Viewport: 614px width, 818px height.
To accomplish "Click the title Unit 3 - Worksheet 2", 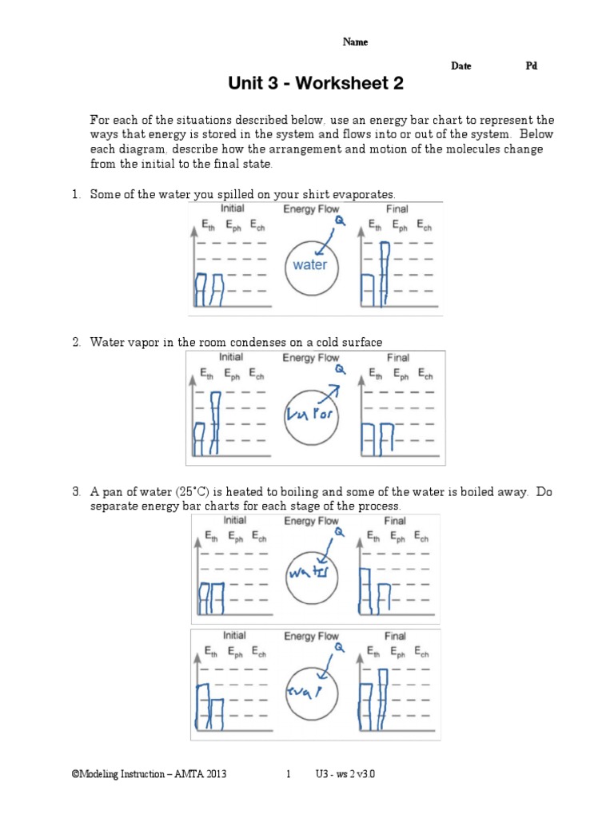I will pos(316,83).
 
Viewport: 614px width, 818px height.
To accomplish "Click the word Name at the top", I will pos(355,42).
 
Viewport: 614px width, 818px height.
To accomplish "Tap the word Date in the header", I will pos(460,66).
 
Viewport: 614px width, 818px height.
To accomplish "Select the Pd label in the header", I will pos(531,66).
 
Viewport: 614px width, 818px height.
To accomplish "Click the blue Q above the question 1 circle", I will pos(341,220).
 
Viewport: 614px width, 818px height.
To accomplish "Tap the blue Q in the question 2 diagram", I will pos(341,369).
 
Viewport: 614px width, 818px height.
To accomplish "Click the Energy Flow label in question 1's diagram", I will pos(311,209).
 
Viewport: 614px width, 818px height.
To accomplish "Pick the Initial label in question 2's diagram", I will pos(231,357).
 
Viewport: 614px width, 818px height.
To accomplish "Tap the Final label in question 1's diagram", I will pos(397,209).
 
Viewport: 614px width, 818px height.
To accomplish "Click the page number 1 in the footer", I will pos(289,774).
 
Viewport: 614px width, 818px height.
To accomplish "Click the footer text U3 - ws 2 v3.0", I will pos(351,774).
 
